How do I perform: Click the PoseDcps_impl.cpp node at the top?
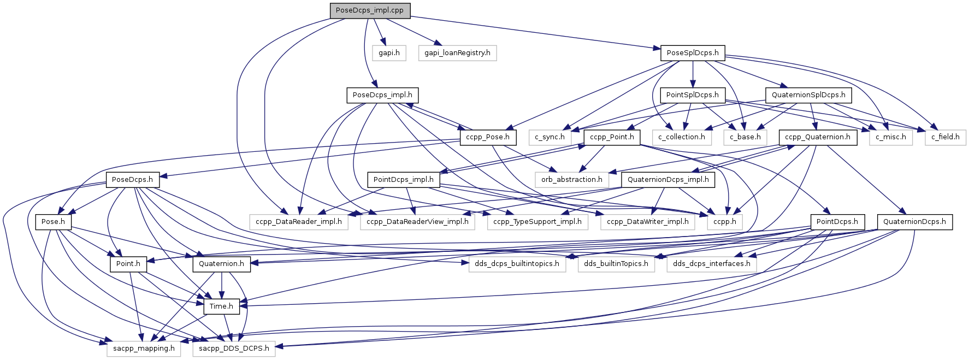pos(370,10)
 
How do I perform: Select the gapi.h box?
pos(389,53)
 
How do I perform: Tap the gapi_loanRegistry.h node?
pos(457,53)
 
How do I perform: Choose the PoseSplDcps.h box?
pos(693,53)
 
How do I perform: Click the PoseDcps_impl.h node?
pos(382,95)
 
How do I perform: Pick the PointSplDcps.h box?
pos(693,95)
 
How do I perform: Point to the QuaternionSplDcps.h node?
pos(808,95)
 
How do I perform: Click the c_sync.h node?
pos(550,137)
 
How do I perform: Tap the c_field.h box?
pos(946,137)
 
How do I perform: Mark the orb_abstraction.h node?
pos(572,180)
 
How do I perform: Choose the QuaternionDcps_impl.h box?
pos(668,180)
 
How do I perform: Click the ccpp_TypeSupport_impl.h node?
pos(537,222)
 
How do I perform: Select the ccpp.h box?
pos(725,222)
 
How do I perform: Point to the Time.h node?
pos(221,306)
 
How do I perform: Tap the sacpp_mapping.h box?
pos(144,349)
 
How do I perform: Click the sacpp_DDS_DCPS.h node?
pos(234,349)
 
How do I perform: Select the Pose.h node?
pos(53,222)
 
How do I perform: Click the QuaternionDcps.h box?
pos(914,222)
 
